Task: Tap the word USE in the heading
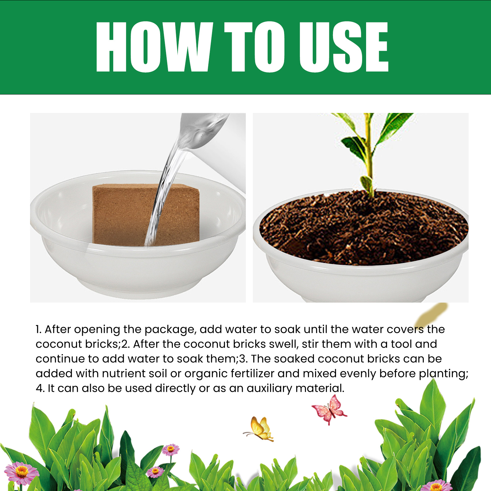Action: tap(344, 47)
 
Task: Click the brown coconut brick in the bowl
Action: tap(146, 215)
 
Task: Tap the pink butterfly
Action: tap(329, 410)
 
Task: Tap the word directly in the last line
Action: tap(175, 389)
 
